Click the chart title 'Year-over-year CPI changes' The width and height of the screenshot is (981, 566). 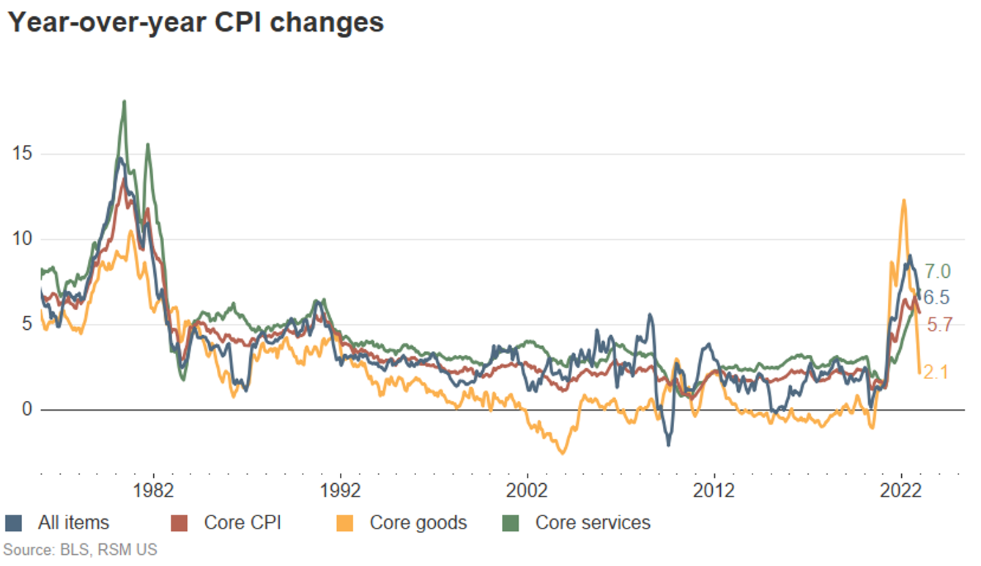tap(195, 23)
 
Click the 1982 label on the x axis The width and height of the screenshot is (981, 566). tap(153, 490)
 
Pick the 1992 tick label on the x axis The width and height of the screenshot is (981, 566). tap(340, 490)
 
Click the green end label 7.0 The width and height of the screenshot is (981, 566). tap(937, 271)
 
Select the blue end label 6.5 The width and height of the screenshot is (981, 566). tap(937, 298)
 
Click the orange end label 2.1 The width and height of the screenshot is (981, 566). tap(936, 373)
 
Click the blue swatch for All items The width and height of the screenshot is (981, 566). tap(13, 523)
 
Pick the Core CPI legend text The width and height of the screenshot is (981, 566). tap(243, 523)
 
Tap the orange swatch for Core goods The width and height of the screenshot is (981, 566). tap(344, 523)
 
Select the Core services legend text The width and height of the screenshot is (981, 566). tap(593, 523)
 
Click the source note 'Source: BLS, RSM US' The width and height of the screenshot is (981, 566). tap(80, 549)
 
